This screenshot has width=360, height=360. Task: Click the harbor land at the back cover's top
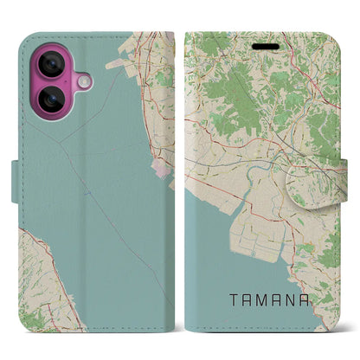pyautogui.click(x=151, y=61)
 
